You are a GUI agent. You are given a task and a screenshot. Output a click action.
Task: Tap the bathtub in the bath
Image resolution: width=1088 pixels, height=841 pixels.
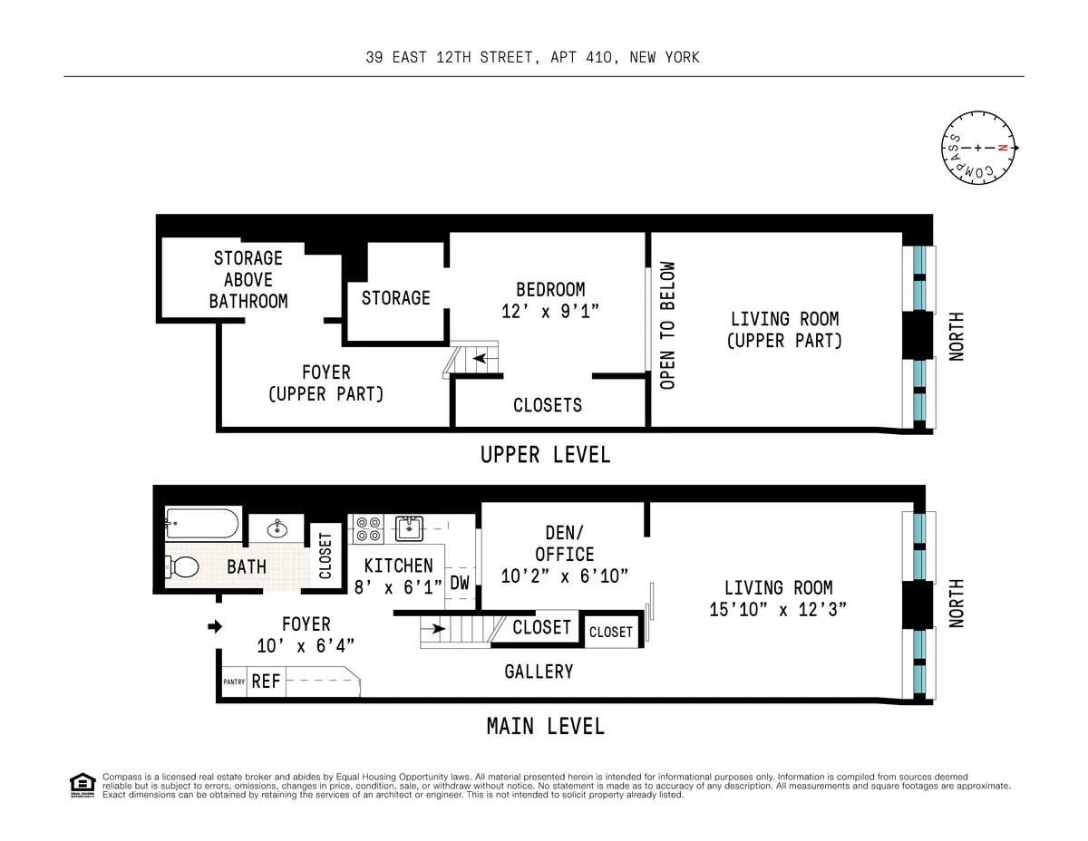pos(202,523)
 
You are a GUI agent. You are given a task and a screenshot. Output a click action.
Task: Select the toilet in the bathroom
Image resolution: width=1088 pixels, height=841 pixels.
pos(182,567)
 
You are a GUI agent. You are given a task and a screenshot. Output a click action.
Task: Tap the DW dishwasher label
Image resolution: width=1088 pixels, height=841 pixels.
pos(460,583)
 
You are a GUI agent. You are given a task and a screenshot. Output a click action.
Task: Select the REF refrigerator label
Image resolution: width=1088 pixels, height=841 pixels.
pos(266,681)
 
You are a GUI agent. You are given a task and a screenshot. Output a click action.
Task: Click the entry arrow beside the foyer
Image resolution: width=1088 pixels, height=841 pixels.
pos(214,626)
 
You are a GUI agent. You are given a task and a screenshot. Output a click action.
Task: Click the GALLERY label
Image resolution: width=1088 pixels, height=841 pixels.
pos(539,672)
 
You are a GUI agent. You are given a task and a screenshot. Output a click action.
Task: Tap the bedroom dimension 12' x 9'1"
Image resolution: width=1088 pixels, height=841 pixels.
pos(550,311)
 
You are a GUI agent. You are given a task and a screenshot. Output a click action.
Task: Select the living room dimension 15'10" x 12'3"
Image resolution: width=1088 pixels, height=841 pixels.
pos(778,610)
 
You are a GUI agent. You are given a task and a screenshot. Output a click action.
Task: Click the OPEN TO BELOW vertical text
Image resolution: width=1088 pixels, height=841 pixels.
pos(668,325)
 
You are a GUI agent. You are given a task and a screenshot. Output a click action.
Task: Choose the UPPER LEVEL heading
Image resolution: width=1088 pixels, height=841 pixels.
pos(545,455)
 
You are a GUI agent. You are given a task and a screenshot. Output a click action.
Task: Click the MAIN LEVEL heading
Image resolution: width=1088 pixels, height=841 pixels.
pos(545,727)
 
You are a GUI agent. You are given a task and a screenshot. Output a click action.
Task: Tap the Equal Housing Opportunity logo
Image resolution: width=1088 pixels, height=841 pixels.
pos(82,785)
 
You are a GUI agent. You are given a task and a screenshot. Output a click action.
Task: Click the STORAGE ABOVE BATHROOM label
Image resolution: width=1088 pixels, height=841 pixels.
pos(248,280)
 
